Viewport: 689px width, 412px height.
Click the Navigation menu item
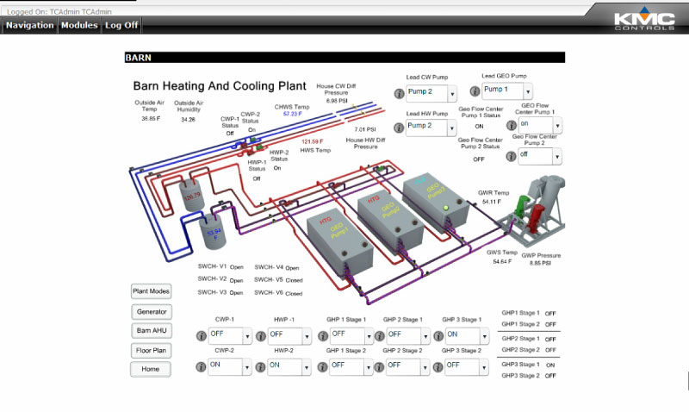coord(29,25)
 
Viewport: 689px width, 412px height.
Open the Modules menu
coord(79,25)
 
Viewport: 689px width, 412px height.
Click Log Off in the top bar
coord(121,25)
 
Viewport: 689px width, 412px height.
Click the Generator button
coord(152,311)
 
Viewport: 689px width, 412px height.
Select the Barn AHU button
coord(152,331)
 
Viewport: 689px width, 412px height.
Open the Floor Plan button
coord(152,351)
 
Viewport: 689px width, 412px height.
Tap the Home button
coord(152,369)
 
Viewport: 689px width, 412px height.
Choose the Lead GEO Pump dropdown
coord(506,91)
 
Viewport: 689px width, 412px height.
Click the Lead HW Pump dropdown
coord(431,127)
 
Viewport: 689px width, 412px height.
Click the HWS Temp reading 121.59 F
coord(312,141)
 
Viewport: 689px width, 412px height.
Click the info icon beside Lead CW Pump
coord(400,93)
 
